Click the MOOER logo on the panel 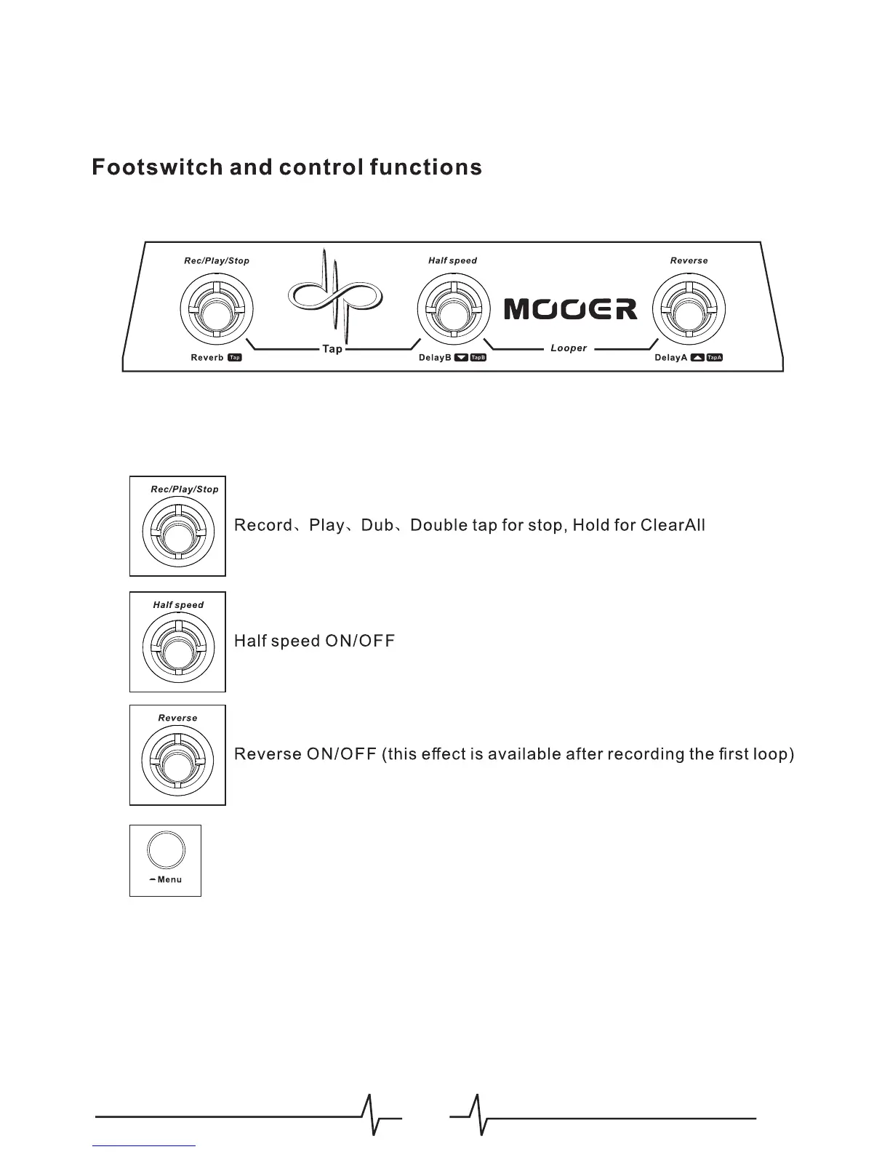(571, 309)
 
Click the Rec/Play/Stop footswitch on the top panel (216, 309)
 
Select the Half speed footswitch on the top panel (452, 309)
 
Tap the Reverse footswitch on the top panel (689, 309)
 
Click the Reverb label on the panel (207, 358)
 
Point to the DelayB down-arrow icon (461, 358)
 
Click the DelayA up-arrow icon (697, 358)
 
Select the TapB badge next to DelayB (478, 358)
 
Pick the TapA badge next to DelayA (715, 358)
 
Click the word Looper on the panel (569, 348)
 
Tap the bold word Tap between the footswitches (332, 350)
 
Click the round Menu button (166, 849)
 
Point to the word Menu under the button (169, 880)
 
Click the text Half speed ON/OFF (314, 641)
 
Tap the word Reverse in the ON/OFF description (268, 754)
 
